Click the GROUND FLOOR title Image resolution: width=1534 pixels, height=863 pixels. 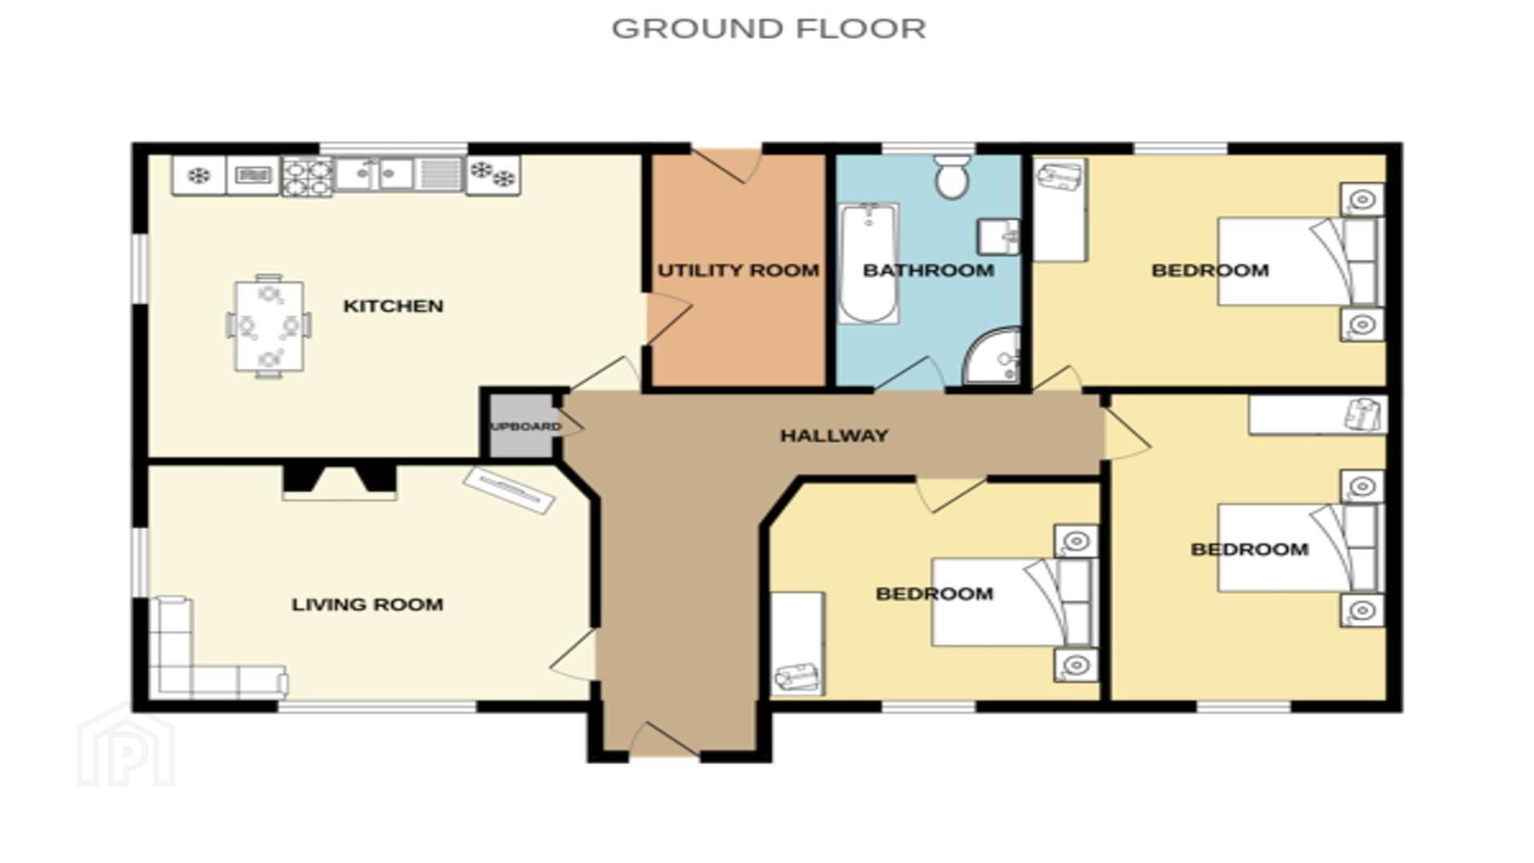click(769, 29)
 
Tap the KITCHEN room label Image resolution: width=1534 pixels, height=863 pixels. click(393, 306)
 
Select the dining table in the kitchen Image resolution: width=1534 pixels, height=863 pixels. click(269, 326)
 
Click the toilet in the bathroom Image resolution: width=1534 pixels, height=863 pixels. click(952, 177)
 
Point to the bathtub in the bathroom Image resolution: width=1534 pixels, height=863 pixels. click(868, 264)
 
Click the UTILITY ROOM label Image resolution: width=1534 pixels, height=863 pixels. click(738, 270)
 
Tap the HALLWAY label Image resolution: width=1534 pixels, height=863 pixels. click(834, 435)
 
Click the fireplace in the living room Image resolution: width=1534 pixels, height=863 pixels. click(340, 482)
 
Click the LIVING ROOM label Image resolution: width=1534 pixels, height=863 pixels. click(368, 605)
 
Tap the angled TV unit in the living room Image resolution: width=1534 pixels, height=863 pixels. click(509, 490)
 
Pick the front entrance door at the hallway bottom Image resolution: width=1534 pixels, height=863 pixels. click(665, 740)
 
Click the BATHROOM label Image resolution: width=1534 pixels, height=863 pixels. click(928, 270)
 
